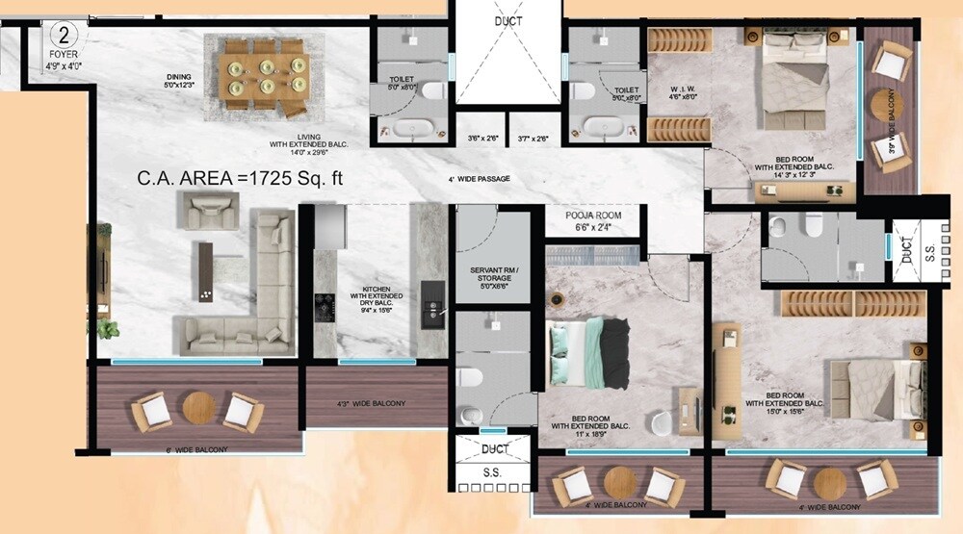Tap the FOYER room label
pyautogui.click(x=63, y=55)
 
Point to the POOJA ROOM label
pyautogui.click(x=594, y=216)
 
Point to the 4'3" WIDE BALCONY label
pyautogui.click(x=371, y=403)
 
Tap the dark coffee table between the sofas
pyautogui.click(x=205, y=272)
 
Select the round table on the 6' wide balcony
pyautogui.click(x=197, y=406)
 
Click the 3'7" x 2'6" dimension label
pyautogui.click(x=532, y=139)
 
